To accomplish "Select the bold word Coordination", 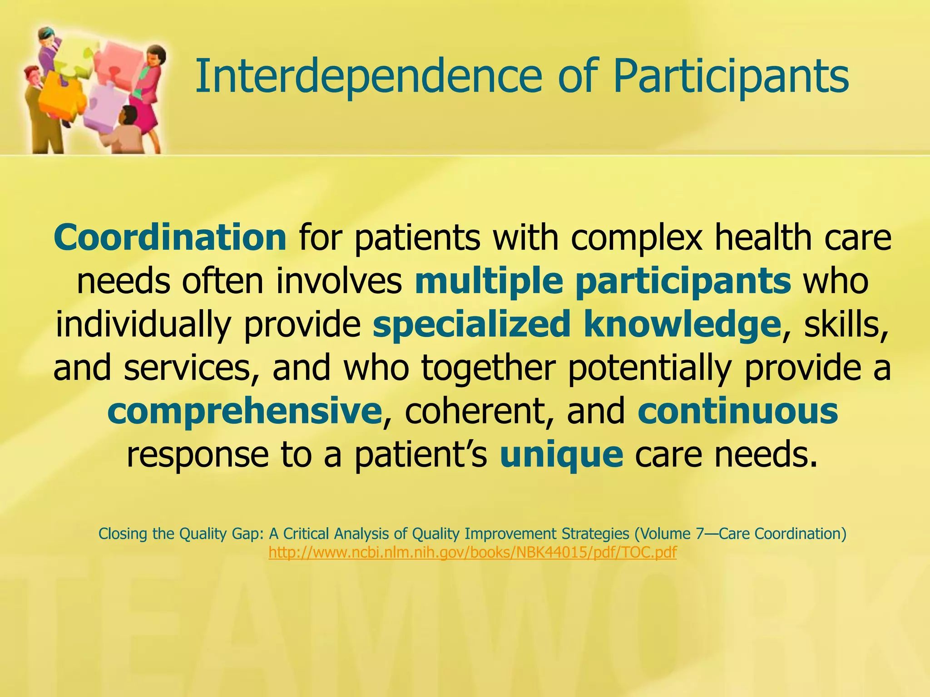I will [170, 238].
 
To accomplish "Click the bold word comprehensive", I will [244, 412].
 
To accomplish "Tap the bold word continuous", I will [737, 412].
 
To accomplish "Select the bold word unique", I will [561, 455].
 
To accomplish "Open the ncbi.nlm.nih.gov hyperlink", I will [472, 553].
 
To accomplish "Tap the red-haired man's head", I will [31, 74].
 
